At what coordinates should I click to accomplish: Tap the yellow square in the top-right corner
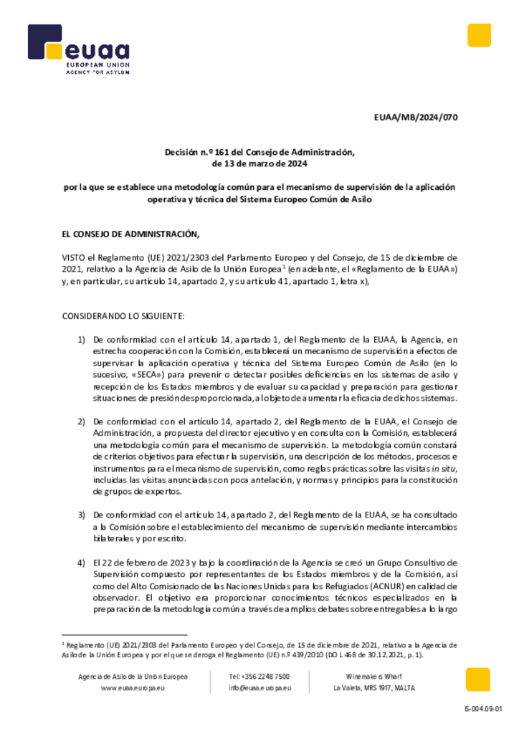pyautogui.click(x=479, y=35)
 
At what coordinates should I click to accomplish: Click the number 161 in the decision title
pyautogui.click(x=214, y=152)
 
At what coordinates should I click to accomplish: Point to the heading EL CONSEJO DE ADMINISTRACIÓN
pyautogui.click(x=130, y=234)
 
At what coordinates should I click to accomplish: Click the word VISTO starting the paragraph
pyautogui.click(x=75, y=257)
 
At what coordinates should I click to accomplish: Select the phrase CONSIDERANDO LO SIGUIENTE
pyautogui.click(x=123, y=315)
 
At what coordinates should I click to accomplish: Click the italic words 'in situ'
pyautogui.click(x=447, y=468)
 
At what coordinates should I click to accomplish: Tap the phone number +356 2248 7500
pyautogui.click(x=259, y=676)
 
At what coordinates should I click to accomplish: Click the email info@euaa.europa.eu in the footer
pyautogui.click(x=259, y=688)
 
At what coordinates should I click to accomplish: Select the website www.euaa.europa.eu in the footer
pyautogui.click(x=134, y=688)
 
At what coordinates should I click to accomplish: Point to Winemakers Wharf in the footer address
pyautogui.click(x=373, y=676)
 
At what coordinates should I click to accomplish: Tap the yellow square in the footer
pyautogui.click(x=477, y=680)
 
